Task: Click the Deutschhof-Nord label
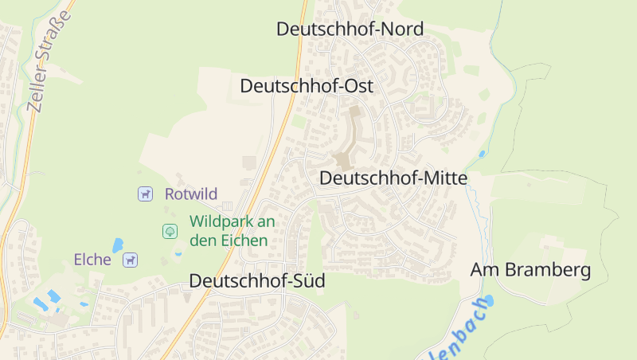(x=350, y=29)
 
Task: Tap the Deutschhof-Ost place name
(x=307, y=85)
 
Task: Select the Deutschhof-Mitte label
(x=393, y=178)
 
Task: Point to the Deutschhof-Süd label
(x=257, y=281)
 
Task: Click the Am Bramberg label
(x=530, y=270)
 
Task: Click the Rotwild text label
(x=191, y=194)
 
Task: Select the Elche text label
(x=92, y=259)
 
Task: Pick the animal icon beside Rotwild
(x=145, y=194)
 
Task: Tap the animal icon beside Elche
(x=130, y=259)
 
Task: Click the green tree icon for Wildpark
(x=170, y=231)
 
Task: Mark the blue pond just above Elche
(x=118, y=245)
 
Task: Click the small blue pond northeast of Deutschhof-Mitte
(x=482, y=154)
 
